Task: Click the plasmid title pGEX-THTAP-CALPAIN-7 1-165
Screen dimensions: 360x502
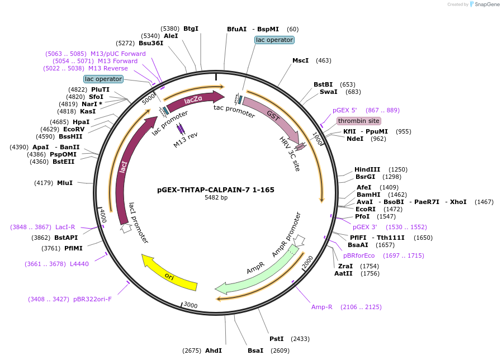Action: tap(216, 190)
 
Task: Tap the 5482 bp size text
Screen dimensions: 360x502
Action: tap(216, 198)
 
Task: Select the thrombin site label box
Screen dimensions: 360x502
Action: tap(358, 121)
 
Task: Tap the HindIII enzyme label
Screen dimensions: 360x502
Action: tap(367, 169)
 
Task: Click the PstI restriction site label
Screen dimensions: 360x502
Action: tap(277, 339)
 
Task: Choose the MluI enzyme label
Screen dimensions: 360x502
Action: tap(65, 182)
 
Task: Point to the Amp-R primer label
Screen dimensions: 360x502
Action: tap(322, 307)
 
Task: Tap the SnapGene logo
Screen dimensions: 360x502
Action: tap(484, 4)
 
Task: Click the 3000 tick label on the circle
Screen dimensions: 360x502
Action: tap(191, 305)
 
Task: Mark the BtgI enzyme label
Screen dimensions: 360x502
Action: tap(191, 29)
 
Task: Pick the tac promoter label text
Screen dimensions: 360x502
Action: tap(234, 112)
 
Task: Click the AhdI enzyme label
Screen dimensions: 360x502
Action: tap(214, 350)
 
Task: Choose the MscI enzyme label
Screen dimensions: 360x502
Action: tap(300, 60)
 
